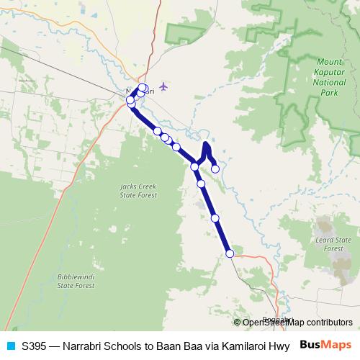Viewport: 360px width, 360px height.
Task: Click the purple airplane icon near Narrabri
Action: click(164, 86)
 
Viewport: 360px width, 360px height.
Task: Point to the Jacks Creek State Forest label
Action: click(136, 191)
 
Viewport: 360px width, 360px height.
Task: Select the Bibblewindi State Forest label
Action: click(76, 281)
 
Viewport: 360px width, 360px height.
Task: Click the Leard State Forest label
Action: click(333, 243)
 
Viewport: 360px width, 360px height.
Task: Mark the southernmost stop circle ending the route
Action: click(230, 253)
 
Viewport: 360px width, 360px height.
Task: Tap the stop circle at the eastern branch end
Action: click(215, 168)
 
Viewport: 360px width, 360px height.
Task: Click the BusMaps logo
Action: click(326, 345)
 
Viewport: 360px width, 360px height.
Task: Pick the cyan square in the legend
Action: click(10, 346)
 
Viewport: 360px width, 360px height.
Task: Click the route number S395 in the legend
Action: click(35, 346)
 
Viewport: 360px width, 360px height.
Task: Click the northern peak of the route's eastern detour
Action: click(206, 145)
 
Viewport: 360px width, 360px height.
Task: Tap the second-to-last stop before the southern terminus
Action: click(215, 217)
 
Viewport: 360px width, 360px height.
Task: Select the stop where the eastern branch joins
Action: click(195, 167)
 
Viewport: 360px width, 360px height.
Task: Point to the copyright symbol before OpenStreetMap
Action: click(238, 323)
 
